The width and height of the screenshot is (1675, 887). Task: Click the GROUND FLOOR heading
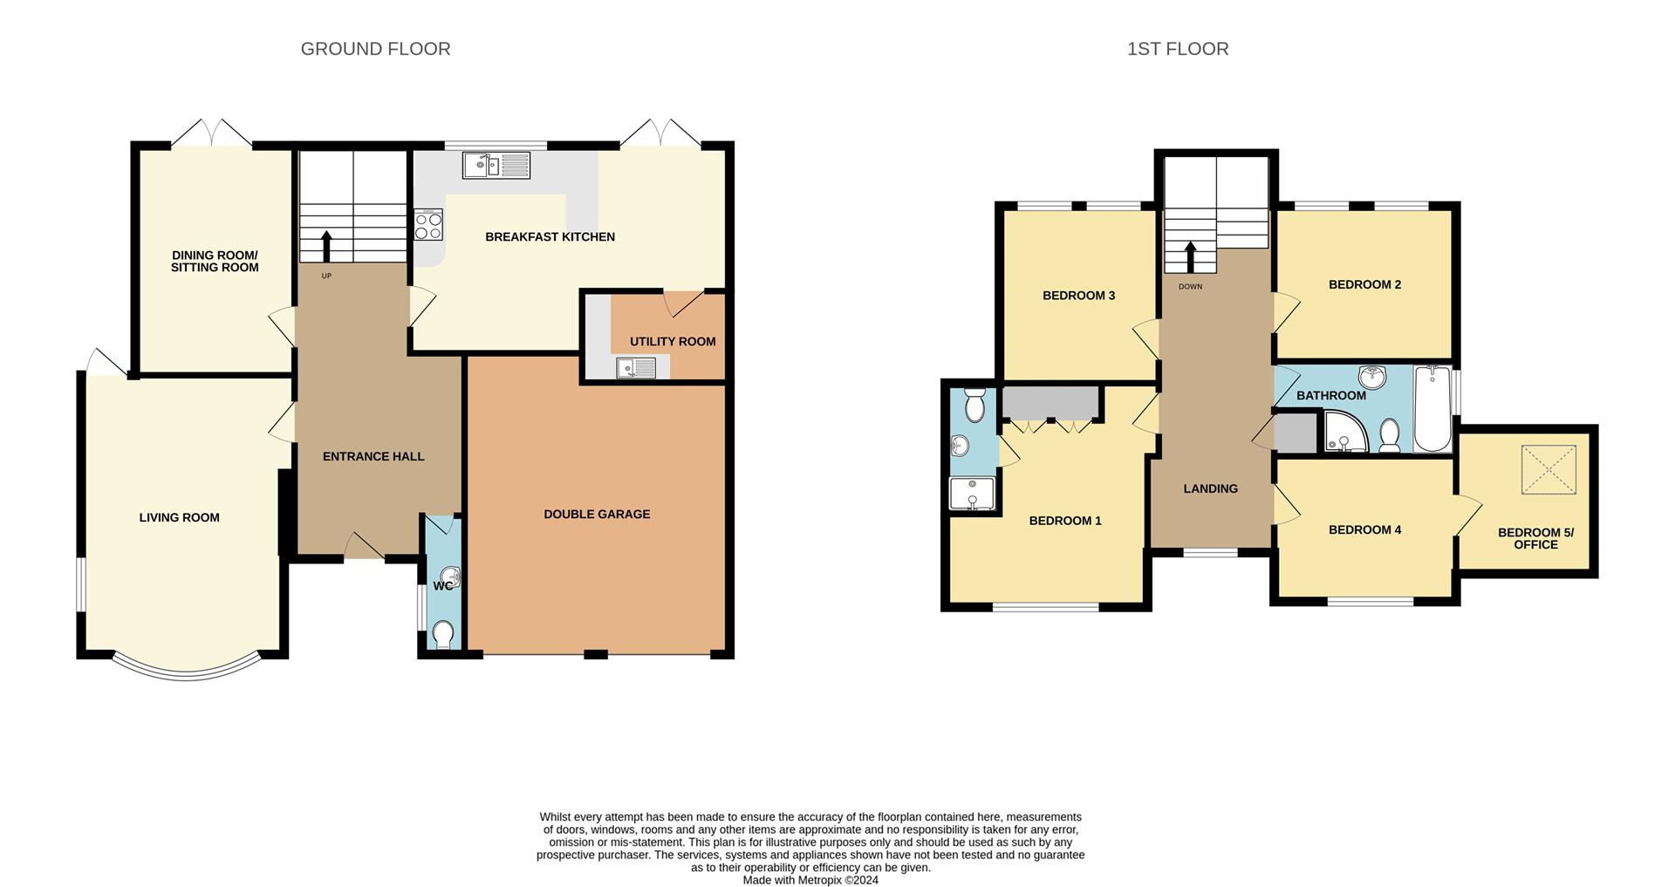(x=375, y=49)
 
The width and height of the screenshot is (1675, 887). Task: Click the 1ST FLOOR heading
(x=1177, y=49)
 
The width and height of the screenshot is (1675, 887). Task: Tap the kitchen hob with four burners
(x=428, y=225)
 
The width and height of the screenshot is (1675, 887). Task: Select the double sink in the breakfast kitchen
(x=496, y=165)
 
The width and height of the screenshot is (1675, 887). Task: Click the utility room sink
(x=636, y=368)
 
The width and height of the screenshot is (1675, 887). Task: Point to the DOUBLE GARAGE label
(x=597, y=515)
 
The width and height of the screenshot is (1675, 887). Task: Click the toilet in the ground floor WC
(x=443, y=634)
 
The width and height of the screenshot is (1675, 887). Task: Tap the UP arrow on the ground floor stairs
(x=327, y=247)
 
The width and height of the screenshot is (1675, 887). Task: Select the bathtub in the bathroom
(x=1432, y=408)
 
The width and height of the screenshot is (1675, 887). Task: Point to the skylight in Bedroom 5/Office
(x=1549, y=470)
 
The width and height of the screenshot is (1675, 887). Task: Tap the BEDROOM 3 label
(x=1078, y=296)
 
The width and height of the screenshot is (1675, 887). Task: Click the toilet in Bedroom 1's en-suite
(x=975, y=405)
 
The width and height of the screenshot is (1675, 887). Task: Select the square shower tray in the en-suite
(x=972, y=493)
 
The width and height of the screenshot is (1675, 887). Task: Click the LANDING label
(x=1210, y=489)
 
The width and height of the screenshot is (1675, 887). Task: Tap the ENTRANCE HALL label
(x=373, y=457)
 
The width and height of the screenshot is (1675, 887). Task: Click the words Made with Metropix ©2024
(x=810, y=880)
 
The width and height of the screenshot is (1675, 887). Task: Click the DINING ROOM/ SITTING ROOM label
(x=215, y=262)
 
